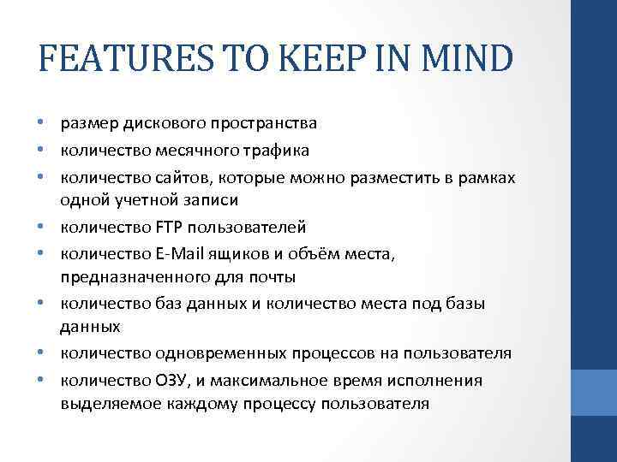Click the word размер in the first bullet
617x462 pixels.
click(x=87, y=123)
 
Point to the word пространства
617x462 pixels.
click(x=263, y=123)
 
